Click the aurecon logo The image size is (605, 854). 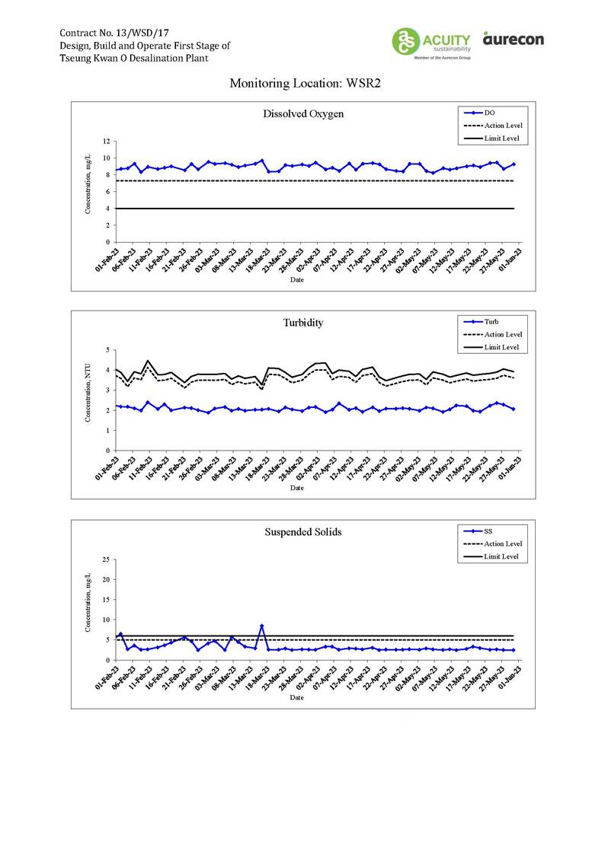tap(513, 38)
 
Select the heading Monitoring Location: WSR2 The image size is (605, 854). tap(304, 84)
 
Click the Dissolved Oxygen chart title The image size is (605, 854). tap(303, 114)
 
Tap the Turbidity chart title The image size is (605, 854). tap(303, 322)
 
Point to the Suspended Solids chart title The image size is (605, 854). tap(302, 531)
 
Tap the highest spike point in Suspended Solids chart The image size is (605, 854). tap(261, 626)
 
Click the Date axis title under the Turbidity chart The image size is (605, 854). tap(297, 488)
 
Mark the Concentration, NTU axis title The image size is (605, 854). tap(88, 400)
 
